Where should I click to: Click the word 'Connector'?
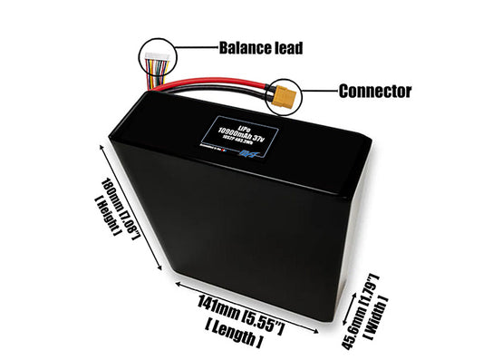tap(374, 91)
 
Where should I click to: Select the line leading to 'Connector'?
tap(320, 91)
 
